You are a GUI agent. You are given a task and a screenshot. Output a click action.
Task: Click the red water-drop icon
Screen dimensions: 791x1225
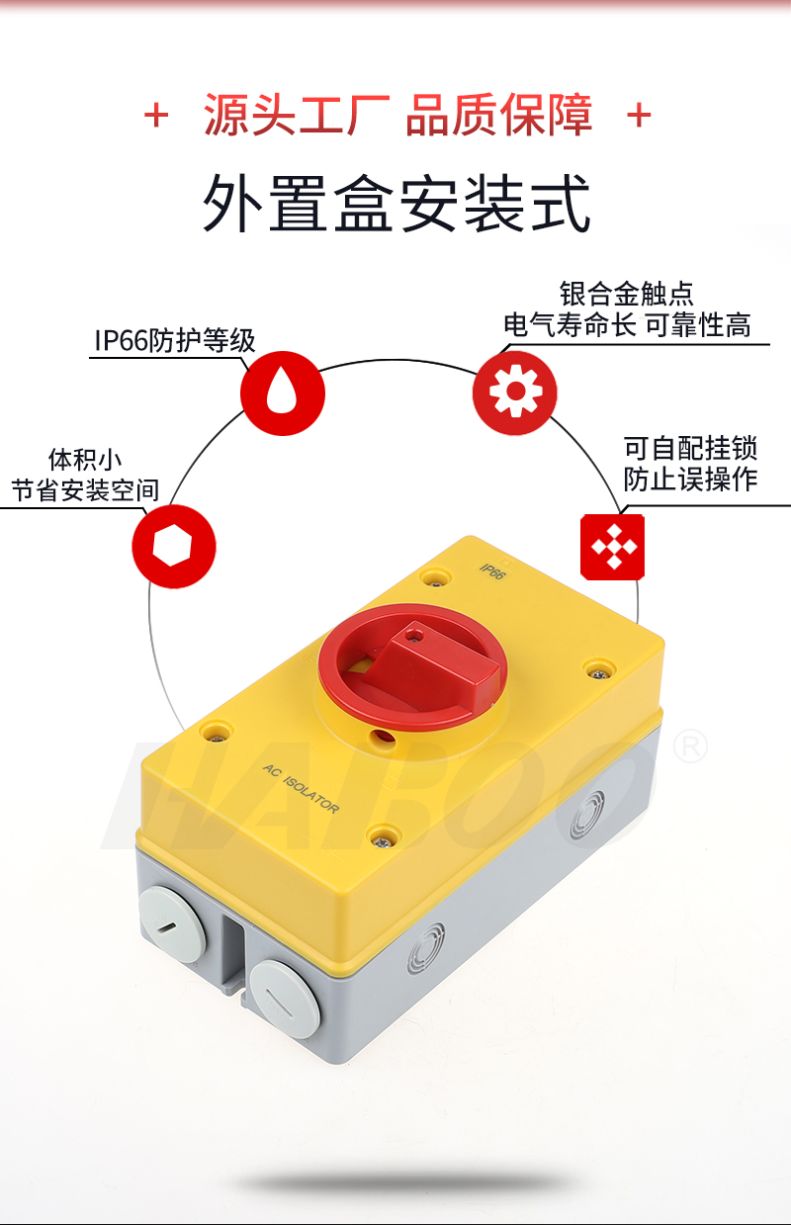[x=283, y=394]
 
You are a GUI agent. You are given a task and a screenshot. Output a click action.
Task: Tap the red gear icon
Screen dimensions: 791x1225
[x=515, y=393]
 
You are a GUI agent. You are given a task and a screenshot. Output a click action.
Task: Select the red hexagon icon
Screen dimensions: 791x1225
[x=174, y=547]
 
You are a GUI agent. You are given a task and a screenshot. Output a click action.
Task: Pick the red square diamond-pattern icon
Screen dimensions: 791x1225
[x=613, y=547]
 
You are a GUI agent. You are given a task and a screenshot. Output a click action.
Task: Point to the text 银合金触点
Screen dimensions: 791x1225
[x=626, y=294]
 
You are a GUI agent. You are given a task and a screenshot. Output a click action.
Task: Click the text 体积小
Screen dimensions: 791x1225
[x=85, y=460]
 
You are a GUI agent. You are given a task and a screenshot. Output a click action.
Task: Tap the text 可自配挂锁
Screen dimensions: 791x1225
[x=690, y=449]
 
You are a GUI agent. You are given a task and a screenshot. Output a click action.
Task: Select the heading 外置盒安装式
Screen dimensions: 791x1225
[x=396, y=204]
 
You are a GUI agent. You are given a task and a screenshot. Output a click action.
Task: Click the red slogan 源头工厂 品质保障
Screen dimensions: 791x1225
[x=398, y=115]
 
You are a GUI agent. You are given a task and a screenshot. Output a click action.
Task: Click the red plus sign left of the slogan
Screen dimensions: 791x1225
[x=156, y=116]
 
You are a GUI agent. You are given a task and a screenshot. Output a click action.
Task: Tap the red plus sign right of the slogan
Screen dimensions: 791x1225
[x=639, y=116]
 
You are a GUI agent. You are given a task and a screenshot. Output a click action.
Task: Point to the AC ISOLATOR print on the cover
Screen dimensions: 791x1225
[x=301, y=788]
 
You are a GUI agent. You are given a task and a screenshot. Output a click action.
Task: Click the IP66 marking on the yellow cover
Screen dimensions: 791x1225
[x=492, y=571]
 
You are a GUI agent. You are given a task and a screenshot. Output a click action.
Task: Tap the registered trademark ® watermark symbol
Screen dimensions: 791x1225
[x=690, y=747]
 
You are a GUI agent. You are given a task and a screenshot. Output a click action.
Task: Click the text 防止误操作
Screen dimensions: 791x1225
[x=690, y=479]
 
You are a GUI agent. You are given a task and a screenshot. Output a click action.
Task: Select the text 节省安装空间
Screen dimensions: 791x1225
[x=85, y=490]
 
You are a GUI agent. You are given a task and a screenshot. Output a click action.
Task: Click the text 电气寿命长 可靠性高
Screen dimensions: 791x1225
[x=627, y=325]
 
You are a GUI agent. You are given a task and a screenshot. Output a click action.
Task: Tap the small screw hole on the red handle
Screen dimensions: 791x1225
[x=415, y=637]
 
